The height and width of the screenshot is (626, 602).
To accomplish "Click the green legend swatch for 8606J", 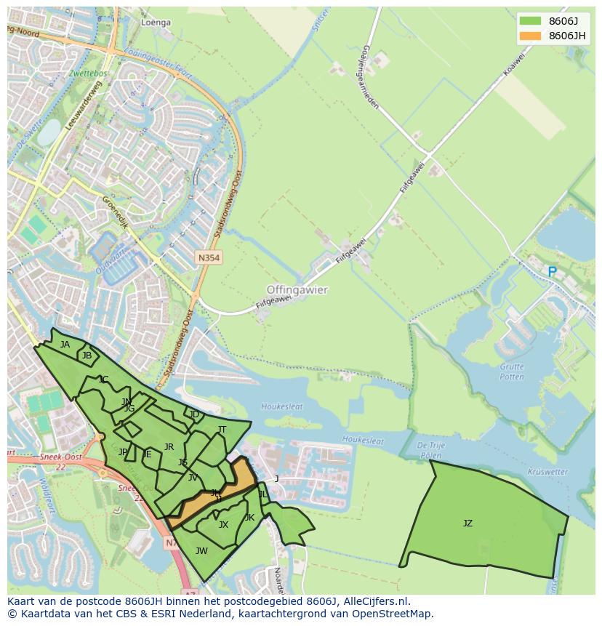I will [530, 21].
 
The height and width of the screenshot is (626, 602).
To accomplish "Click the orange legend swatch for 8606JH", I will [530, 36].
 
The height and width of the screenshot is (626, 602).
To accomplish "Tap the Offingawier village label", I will [297, 289].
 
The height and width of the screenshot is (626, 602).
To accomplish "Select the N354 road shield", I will [208, 258].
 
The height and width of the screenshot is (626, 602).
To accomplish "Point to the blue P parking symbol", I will [552, 272].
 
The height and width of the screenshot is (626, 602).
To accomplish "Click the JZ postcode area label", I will [467, 523].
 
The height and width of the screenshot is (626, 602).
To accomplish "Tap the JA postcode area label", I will [65, 345].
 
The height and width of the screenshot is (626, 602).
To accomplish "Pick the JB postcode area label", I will [87, 356].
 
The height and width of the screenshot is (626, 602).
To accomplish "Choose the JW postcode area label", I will [201, 550].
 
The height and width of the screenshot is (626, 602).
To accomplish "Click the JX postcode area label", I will [223, 524].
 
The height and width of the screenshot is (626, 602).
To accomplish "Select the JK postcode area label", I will [249, 518].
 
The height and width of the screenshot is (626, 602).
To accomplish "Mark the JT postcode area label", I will [222, 430].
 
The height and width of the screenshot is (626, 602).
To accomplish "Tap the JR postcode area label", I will [169, 447].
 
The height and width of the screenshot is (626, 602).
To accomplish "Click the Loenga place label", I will [156, 23].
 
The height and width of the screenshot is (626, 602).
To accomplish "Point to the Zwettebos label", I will [89, 73].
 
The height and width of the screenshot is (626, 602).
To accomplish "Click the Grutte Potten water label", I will [512, 372].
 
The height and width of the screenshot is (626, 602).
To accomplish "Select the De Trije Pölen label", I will [430, 449].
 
